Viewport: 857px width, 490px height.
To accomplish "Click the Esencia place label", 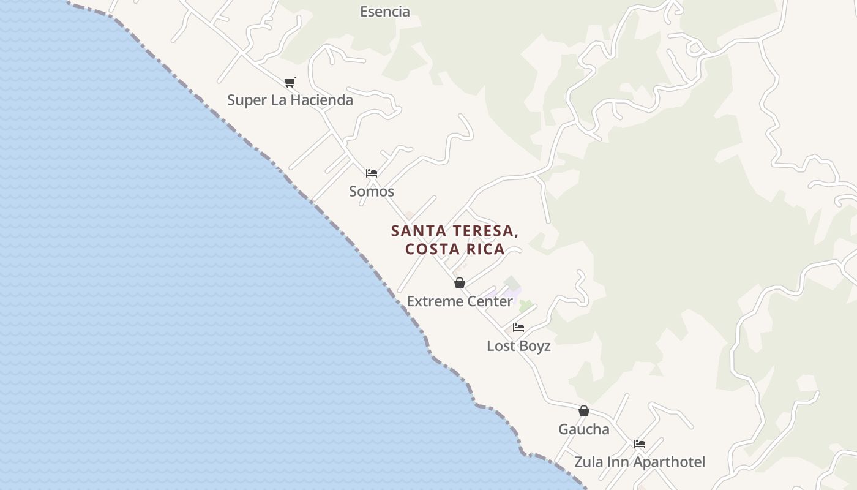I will click(384, 12).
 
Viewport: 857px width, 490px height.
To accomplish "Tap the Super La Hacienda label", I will click(290, 100).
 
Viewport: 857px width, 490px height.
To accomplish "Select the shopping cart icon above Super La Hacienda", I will click(290, 82).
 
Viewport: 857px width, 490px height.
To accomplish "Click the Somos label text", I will click(372, 191).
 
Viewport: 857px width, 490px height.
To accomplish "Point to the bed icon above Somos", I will click(372, 173).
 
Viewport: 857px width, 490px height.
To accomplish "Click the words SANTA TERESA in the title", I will click(455, 232).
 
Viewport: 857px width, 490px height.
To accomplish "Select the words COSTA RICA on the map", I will click(455, 249).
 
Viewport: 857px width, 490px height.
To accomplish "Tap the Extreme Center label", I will click(460, 301).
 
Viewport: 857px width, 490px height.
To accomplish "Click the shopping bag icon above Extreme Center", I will click(460, 283).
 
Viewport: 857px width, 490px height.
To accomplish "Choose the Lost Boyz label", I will click(518, 346).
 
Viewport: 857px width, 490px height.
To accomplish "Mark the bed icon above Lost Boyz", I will click(518, 328).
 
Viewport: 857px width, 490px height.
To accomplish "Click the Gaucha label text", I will click(583, 429).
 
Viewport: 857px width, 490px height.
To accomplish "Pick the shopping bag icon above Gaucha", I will click(584, 411).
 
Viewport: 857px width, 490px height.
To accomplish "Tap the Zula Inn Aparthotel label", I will click(639, 462).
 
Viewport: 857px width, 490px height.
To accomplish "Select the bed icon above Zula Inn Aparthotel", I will click(640, 444).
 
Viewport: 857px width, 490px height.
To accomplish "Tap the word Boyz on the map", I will click(536, 346).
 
